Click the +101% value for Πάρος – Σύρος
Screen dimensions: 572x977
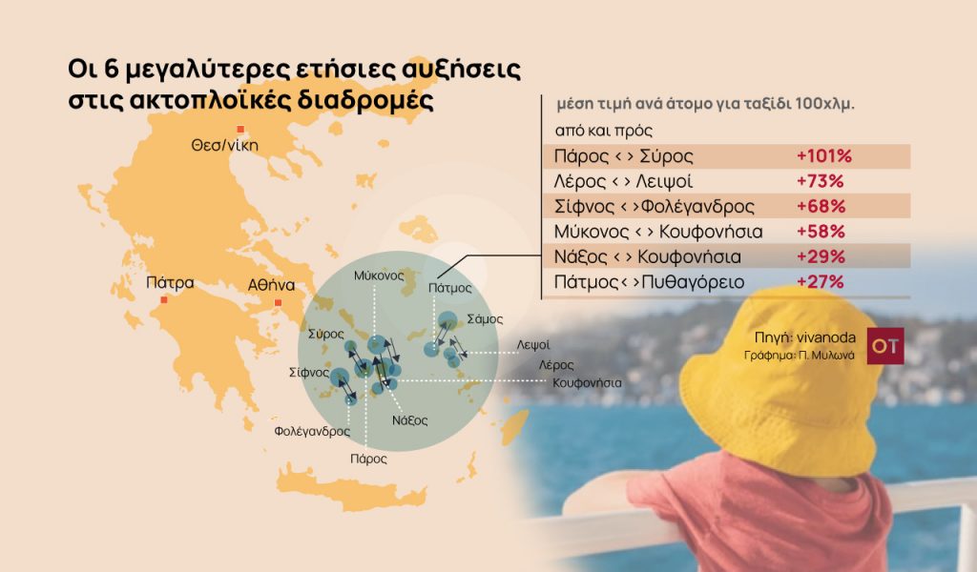(x=823, y=156)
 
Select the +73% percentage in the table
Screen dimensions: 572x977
(x=820, y=181)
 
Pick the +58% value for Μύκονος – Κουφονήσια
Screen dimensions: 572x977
(x=820, y=231)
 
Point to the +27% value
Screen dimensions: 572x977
(x=820, y=281)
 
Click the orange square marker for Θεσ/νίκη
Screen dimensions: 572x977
(x=240, y=129)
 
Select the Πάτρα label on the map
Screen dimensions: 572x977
(x=171, y=283)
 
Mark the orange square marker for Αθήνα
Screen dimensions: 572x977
(x=278, y=303)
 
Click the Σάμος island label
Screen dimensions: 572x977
(x=485, y=319)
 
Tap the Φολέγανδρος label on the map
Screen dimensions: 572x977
(x=312, y=432)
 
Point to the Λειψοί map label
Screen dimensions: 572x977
(x=533, y=344)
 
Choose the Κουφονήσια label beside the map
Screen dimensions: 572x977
(x=587, y=382)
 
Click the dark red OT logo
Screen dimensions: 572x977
(x=884, y=346)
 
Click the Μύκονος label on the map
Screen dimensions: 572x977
(x=379, y=275)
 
